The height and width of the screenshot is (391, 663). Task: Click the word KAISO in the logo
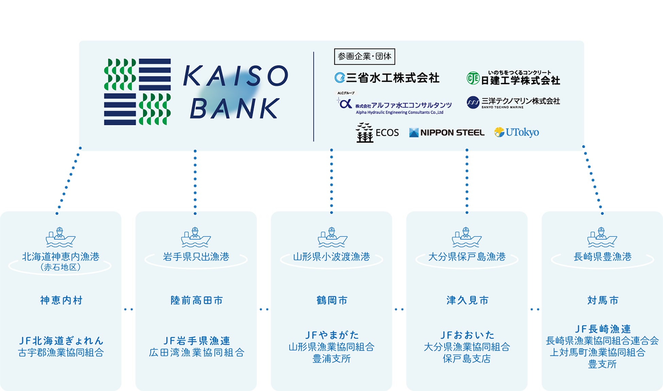click(235, 76)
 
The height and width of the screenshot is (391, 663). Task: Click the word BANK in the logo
click(235, 109)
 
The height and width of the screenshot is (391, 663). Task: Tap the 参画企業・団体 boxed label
click(364, 56)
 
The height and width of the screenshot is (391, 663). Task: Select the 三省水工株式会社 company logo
click(387, 78)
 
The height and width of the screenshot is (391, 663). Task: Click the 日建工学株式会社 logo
click(513, 79)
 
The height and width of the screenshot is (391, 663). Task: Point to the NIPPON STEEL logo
click(447, 132)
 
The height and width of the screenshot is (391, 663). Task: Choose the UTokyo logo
click(516, 132)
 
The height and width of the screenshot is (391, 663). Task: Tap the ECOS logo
click(377, 132)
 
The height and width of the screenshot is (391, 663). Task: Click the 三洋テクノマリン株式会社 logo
click(513, 102)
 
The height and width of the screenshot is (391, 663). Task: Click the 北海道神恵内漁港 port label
click(61, 257)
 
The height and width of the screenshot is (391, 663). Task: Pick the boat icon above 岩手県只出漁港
click(196, 237)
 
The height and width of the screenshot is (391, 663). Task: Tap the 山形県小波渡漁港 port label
click(331, 257)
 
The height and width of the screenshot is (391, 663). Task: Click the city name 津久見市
click(467, 300)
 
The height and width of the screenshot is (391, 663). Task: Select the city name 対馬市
click(602, 300)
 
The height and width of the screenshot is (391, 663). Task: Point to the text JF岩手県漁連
click(197, 340)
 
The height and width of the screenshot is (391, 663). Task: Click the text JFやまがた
click(331, 335)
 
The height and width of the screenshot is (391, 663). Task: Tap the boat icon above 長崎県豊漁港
click(602, 237)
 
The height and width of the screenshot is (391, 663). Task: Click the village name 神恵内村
click(61, 300)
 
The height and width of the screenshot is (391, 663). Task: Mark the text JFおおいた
click(467, 335)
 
